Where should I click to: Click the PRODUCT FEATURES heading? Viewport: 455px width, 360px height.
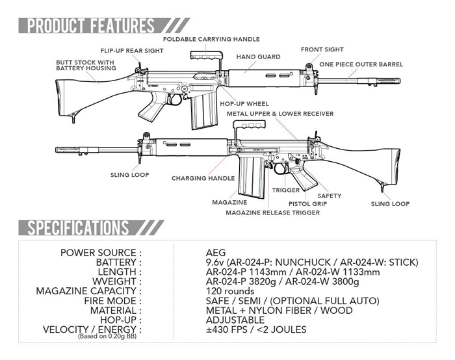point(86,26)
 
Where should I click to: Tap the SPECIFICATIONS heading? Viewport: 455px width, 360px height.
point(73,227)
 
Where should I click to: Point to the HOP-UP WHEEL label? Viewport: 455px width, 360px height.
point(244,103)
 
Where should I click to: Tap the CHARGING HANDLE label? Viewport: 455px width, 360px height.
point(203,177)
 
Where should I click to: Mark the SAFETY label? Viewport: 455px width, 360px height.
point(329,195)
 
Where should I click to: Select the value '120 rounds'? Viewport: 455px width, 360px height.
point(230,291)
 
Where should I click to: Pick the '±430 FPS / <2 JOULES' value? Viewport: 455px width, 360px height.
point(255,329)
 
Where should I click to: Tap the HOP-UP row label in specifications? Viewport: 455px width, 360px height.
point(121,320)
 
